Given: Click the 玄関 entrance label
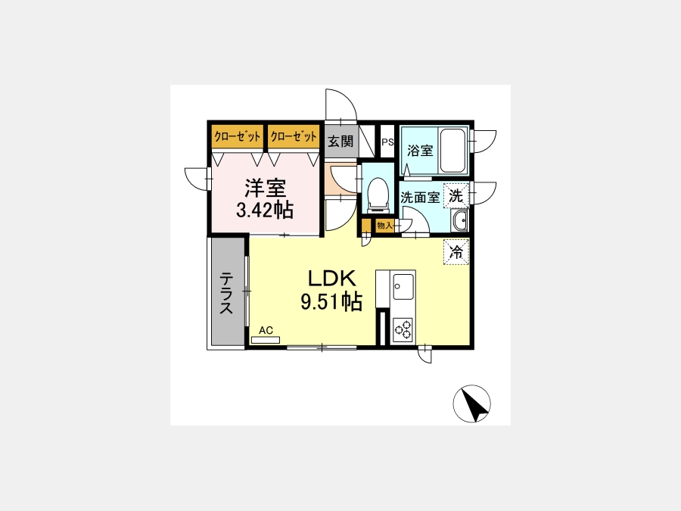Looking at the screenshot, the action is coord(340,142).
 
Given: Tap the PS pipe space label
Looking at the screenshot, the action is coord(387,142).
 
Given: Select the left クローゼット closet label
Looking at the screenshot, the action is coord(237,137).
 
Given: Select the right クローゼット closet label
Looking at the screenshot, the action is coord(294,137).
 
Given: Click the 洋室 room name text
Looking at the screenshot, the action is coord(266,189).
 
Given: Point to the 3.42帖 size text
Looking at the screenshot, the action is coord(265,210).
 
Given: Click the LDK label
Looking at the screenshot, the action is coord(332,279).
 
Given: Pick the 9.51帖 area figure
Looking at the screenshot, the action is coord(331,301).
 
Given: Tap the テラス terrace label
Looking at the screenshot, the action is coord(226,292).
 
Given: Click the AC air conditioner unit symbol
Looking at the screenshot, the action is coord(266,340).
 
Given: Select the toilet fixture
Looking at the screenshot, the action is coord(378,195).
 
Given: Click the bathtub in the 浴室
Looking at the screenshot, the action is coord(452,151).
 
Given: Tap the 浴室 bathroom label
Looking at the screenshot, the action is coord(420,151).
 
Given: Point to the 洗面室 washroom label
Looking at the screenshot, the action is coord(419,198).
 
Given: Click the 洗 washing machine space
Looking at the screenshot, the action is coord(456,196).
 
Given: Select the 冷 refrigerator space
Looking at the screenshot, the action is coord(456,251).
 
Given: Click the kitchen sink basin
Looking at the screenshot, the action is coord(403,286).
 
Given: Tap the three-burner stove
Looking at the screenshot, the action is coord(403,330).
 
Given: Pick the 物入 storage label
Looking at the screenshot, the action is coord(385,226).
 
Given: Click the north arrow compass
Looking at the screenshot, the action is coord(471,404).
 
